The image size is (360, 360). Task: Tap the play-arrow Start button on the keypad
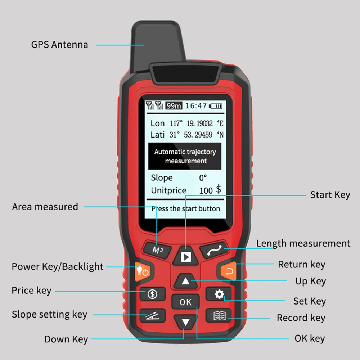(x=186, y=257)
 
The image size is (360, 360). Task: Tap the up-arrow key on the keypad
(x=185, y=281)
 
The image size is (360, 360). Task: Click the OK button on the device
(x=185, y=302)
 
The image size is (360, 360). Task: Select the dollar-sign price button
(x=153, y=294)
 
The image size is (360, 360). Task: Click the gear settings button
(x=219, y=294)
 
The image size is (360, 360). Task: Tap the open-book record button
(x=219, y=316)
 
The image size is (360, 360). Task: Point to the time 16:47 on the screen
(x=196, y=106)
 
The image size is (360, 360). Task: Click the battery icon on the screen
(x=216, y=106)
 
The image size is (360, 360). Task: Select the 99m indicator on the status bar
(x=174, y=106)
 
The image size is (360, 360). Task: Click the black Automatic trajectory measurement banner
(x=185, y=156)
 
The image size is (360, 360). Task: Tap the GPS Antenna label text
(x=59, y=45)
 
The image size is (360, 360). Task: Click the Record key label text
(x=301, y=318)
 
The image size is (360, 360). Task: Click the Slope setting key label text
(x=49, y=314)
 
